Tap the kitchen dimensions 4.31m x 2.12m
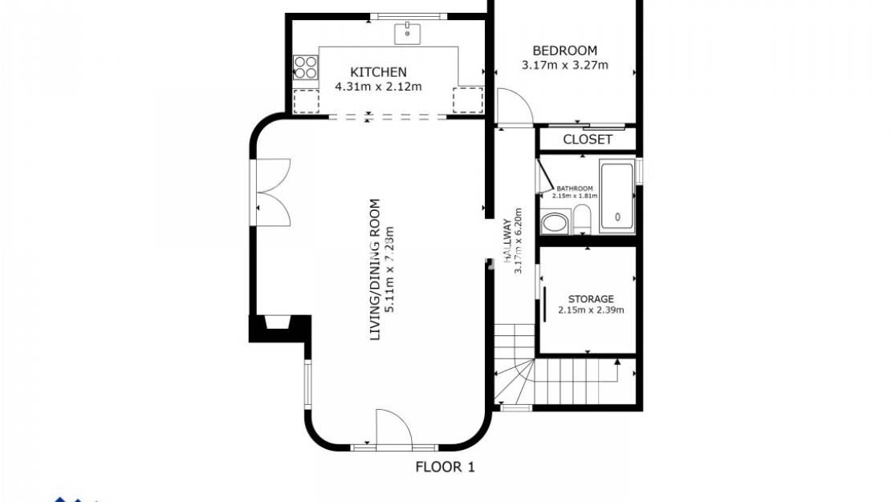pos(378,86)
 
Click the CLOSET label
pos(587,140)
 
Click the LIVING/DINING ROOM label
pos(375,269)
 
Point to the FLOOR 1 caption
pos(445,467)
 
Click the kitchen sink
pos(407,34)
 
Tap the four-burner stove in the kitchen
pos(305,67)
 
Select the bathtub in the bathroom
pos(616,197)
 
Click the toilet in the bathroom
pos(582,219)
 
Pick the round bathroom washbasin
pos(554,222)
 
